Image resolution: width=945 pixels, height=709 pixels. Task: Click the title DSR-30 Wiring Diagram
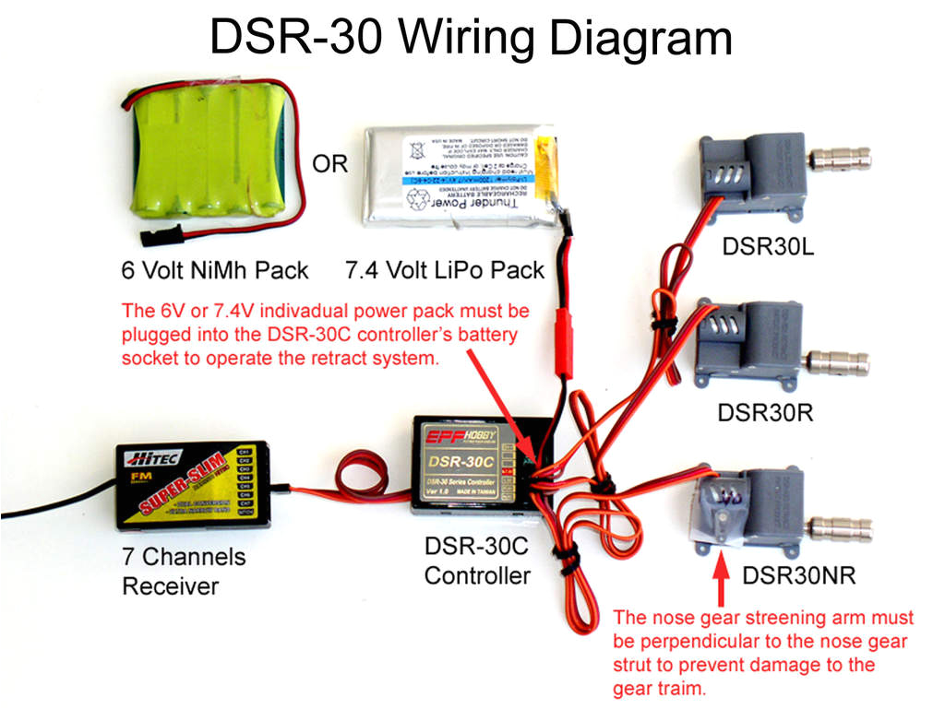tap(471, 39)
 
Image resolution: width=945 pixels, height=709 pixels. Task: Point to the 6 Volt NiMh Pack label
tap(215, 271)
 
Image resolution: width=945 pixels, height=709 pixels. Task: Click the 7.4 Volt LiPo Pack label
tap(445, 271)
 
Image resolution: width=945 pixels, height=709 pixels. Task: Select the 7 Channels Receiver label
tap(184, 572)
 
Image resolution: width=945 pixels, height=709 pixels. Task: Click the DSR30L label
tap(763, 246)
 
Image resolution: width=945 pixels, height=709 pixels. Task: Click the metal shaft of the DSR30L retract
tap(841, 158)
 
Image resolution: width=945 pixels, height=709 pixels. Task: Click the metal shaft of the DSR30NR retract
tap(840, 528)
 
